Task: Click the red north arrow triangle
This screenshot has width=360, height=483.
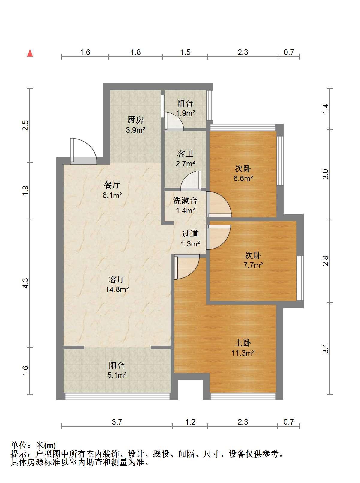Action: [x=30, y=53]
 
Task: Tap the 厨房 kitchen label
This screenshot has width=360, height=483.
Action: [x=135, y=120]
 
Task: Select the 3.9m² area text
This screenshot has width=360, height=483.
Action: [x=135, y=130]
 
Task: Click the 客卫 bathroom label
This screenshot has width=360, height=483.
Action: [x=185, y=154]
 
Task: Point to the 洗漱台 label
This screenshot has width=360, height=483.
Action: [x=185, y=201]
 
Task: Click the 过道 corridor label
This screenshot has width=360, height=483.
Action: [x=190, y=234]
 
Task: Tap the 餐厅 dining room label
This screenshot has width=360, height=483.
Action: [x=112, y=185]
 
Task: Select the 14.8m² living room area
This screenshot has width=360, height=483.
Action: [x=117, y=289]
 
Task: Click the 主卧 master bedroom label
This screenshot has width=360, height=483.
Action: [x=243, y=343]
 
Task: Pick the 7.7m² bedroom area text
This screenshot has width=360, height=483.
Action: [x=253, y=265]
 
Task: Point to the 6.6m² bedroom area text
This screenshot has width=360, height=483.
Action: [x=243, y=178]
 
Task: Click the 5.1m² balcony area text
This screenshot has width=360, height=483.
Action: [x=117, y=375]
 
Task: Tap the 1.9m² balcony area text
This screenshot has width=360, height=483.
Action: [x=185, y=113]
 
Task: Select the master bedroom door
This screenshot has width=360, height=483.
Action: [x=187, y=267]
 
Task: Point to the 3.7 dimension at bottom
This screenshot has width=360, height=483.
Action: [x=117, y=422]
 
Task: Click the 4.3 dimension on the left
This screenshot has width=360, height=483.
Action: [x=26, y=283]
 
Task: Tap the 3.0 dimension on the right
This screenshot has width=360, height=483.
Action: [x=326, y=174]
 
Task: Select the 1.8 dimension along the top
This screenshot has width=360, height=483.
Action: [x=136, y=52]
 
